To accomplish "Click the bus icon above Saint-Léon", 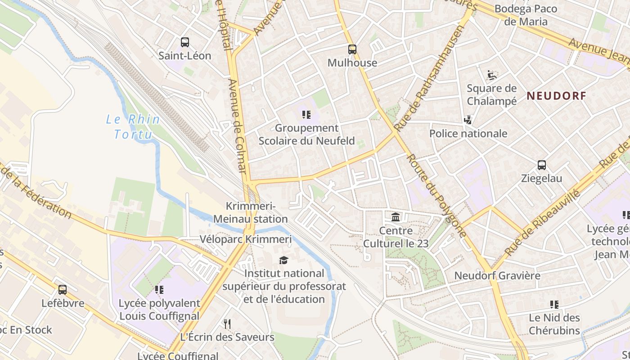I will (x=184, y=42).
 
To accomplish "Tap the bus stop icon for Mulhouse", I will (x=352, y=49).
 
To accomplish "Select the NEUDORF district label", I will (x=557, y=95).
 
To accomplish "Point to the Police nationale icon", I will (x=468, y=120).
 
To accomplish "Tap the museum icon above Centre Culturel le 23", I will (x=396, y=217).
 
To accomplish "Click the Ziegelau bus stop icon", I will (x=542, y=165).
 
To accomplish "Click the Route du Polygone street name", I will (x=436, y=195).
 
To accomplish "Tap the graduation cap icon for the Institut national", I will (x=283, y=260).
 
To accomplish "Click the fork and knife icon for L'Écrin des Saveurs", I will (x=227, y=324).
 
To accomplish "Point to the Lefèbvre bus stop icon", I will (x=63, y=290).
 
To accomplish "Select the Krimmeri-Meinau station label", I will (x=250, y=212).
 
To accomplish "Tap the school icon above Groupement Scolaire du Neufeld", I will (x=306, y=115).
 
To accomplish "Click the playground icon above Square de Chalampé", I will (x=491, y=74).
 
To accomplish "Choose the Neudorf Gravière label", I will (x=497, y=275).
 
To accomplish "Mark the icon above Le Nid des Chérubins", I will (x=554, y=305).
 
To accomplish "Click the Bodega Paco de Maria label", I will (x=526, y=15).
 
